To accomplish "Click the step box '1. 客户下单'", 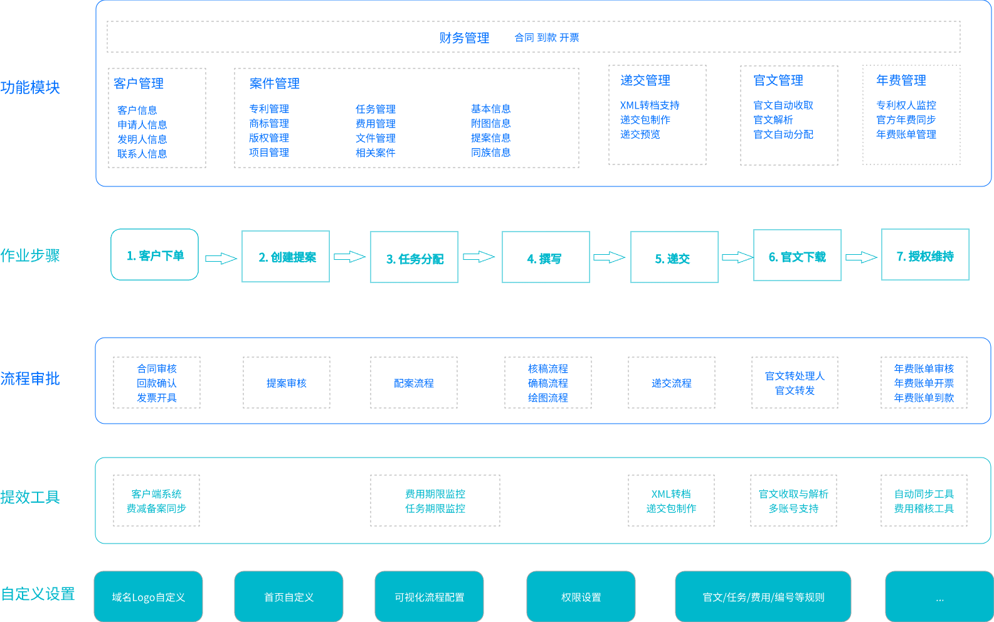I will [155, 255].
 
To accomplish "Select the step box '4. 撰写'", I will [546, 257].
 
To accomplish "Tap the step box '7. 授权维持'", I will [925, 255].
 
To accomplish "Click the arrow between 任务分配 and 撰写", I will [479, 257].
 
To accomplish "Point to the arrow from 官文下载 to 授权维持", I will [861, 257].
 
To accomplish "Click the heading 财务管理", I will [464, 38].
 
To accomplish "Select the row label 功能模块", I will [30, 87].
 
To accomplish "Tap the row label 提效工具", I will [30, 497].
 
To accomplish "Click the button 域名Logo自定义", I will [149, 597].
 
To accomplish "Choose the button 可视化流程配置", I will [429, 597].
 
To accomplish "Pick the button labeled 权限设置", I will [581, 597].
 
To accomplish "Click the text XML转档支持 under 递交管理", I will [650, 105].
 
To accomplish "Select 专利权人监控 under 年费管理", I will [906, 105].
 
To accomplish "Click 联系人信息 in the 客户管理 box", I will [142, 154].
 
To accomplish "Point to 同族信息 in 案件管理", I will [490, 153].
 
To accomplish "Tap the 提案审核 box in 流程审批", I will [287, 383].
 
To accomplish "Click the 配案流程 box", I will [414, 383].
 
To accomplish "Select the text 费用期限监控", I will [435, 494].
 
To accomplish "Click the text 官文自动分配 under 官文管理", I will [783, 134].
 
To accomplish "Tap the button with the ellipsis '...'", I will [939, 597].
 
